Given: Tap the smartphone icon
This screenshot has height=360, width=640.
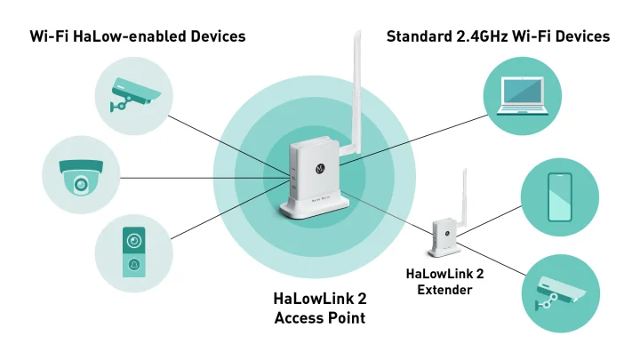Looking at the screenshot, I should tap(559, 196).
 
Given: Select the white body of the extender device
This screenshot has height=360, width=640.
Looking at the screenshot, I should tap(444, 236).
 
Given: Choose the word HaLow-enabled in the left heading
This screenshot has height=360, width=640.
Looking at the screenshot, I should tap(130, 36).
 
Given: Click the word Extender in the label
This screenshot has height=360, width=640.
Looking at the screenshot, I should tap(444, 290).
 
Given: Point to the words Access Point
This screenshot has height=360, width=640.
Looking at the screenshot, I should tap(319, 317).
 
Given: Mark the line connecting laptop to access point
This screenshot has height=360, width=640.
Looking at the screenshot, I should tap(418, 134).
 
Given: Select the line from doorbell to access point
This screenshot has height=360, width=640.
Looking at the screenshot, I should tap(222, 213).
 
